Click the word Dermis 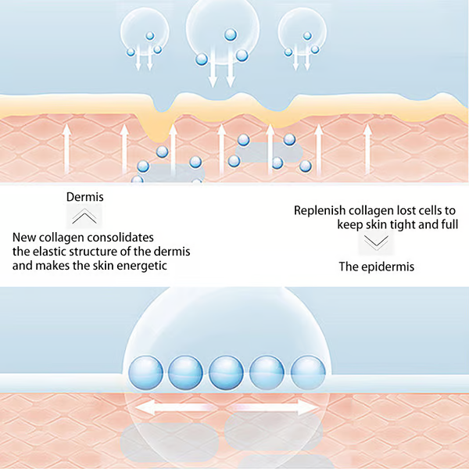(87, 199)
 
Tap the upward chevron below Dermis (88, 218)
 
